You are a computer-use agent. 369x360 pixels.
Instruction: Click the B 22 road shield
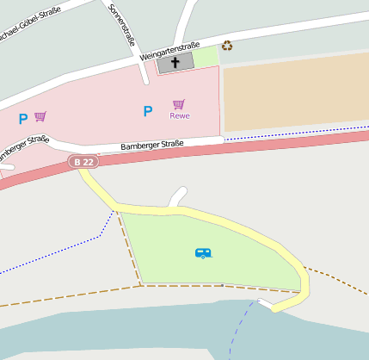(x=83, y=162)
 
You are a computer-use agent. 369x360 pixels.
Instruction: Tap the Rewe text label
(x=180, y=115)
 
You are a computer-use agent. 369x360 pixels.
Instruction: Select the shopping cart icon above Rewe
(x=179, y=104)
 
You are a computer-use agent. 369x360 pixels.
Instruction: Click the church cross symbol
(x=175, y=63)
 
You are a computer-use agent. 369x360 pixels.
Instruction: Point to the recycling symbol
(x=227, y=46)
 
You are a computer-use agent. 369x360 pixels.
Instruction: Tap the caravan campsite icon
(x=203, y=253)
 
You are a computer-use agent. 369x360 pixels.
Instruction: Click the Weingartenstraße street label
(x=169, y=51)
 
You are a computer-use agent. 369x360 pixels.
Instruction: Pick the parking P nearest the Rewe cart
(x=147, y=111)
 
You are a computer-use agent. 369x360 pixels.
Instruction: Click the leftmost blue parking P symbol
(x=22, y=119)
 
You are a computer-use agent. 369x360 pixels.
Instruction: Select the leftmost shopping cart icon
(x=40, y=116)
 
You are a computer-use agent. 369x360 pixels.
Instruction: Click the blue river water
(x=129, y=332)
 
